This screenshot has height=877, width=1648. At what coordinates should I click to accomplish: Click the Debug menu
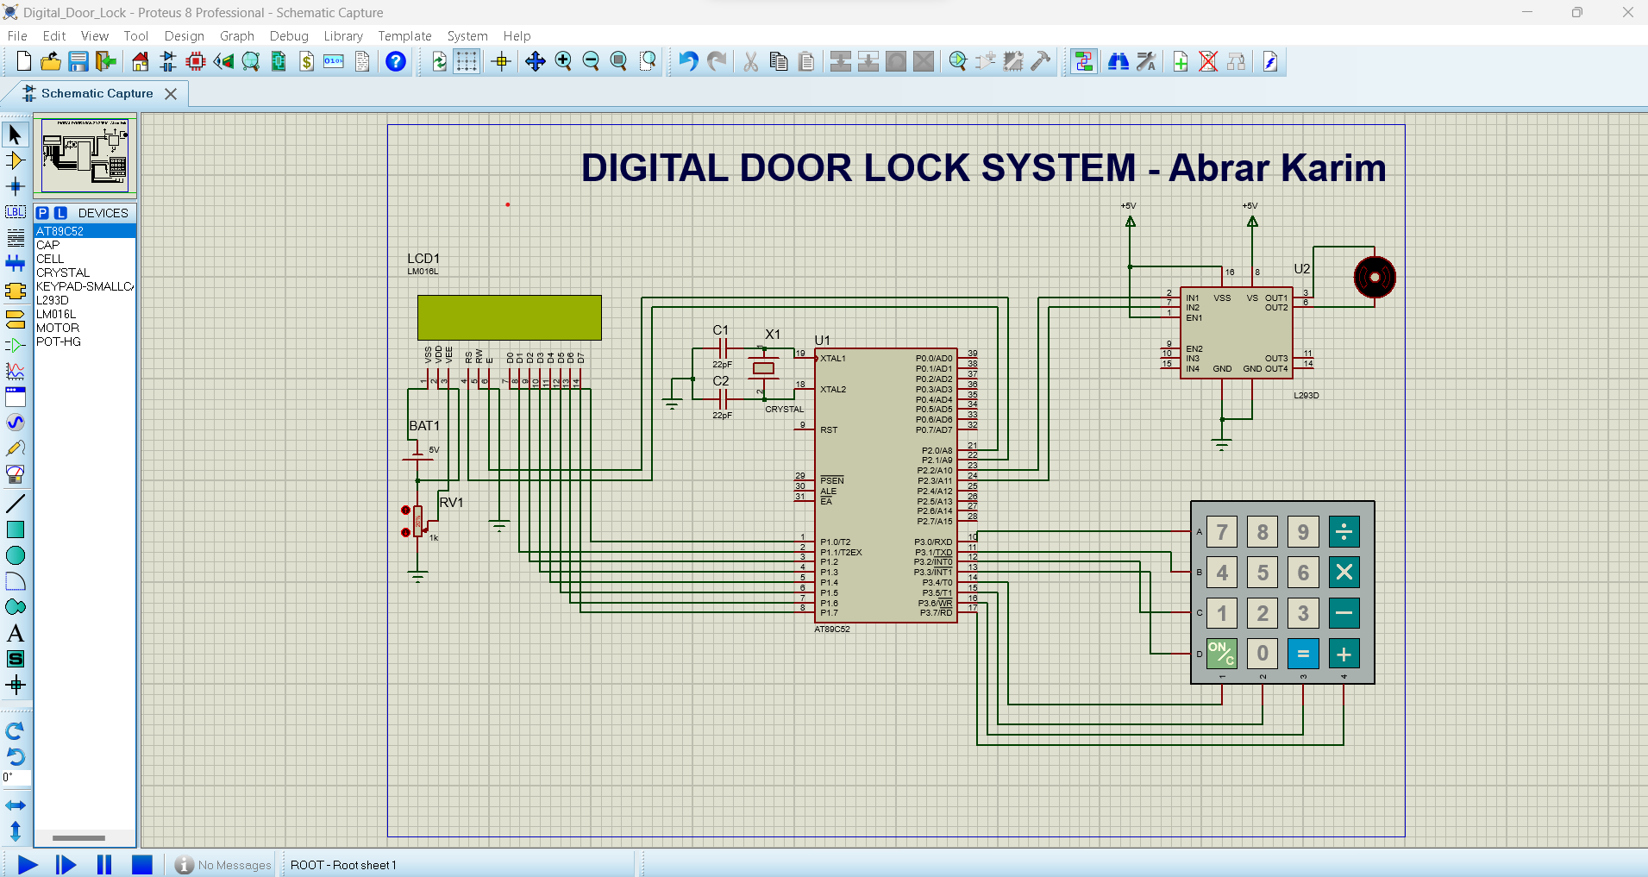pyautogui.click(x=288, y=36)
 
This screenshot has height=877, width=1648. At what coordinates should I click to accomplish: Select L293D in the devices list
pyautogui.click(x=53, y=300)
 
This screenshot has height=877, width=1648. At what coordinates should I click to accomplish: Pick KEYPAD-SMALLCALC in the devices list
pyautogui.click(x=84, y=286)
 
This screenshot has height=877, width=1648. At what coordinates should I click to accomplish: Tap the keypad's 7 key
pyautogui.click(x=1222, y=532)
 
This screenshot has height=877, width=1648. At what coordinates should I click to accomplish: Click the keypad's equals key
pyautogui.click(x=1303, y=654)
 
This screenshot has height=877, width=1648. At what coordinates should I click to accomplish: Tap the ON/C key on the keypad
pyautogui.click(x=1221, y=654)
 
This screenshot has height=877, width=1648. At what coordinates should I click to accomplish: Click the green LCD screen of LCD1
pyautogui.click(x=509, y=317)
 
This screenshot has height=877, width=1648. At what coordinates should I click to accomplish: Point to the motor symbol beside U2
pyautogui.click(x=1375, y=278)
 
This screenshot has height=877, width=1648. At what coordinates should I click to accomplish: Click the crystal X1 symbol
pyautogui.click(x=763, y=368)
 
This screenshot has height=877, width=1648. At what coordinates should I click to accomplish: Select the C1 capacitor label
pyautogui.click(x=720, y=330)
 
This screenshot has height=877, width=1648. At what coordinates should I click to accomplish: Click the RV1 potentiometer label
pyautogui.click(x=451, y=503)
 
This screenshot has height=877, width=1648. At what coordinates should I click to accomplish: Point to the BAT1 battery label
pyautogui.click(x=424, y=426)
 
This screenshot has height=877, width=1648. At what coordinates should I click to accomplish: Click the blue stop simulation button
pyautogui.click(x=142, y=864)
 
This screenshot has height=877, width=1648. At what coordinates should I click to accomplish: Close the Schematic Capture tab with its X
pyautogui.click(x=171, y=94)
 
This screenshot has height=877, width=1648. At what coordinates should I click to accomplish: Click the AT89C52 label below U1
pyautogui.click(x=832, y=630)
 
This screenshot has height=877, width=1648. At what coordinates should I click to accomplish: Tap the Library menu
pyautogui.click(x=342, y=36)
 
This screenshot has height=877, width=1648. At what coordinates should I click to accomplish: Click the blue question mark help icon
pyautogui.click(x=396, y=61)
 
